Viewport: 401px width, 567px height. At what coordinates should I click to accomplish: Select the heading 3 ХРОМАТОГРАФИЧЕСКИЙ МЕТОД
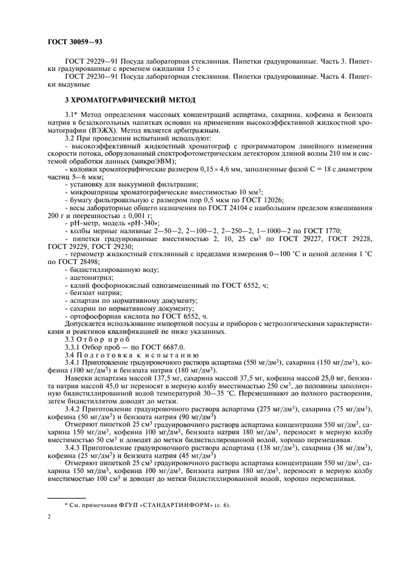(126, 99)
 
